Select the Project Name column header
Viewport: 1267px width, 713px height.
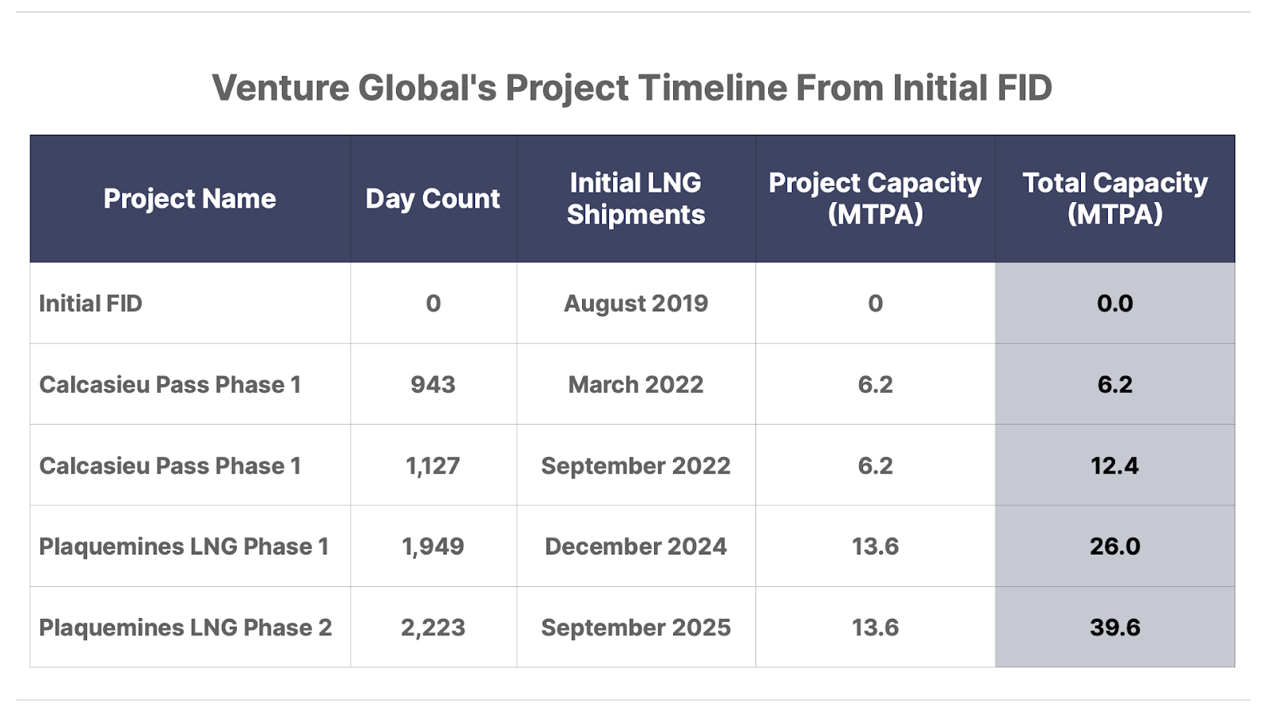tap(190, 199)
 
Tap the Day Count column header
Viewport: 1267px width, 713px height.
tap(432, 199)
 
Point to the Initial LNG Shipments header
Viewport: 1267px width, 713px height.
tap(636, 199)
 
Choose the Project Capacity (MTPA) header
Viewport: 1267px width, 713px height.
tap(875, 199)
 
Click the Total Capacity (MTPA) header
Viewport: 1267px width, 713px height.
tap(1115, 199)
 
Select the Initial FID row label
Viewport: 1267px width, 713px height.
tap(90, 303)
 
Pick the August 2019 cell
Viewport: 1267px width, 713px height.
tap(636, 303)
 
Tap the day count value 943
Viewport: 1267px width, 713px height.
tap(432, 385)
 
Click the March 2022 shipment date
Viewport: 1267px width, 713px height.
tap(636, 385)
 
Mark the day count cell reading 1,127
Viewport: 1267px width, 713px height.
tap(432, 466)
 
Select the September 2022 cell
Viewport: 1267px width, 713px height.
tap(636, 466)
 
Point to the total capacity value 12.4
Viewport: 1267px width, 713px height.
tap(1115, 466)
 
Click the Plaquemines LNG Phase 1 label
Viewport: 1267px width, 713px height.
tap(184, 547)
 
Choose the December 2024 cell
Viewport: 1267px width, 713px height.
tap(636, 547)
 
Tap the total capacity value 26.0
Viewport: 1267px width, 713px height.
tap(1115, 547)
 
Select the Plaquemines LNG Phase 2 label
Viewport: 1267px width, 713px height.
tap(185, 627)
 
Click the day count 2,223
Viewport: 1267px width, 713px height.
tap(432, 627)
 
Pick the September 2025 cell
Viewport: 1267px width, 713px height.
tap(636, 627)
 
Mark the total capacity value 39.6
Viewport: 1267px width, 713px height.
tap(1115, 627)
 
